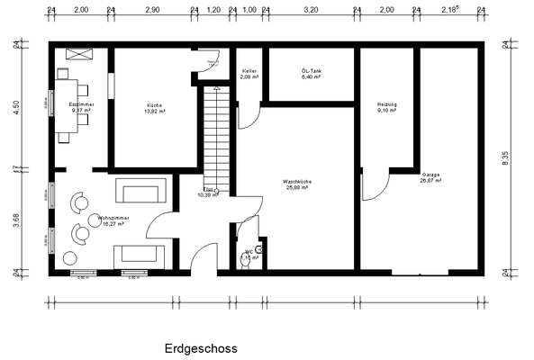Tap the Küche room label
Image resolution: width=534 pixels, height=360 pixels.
click(155, 108)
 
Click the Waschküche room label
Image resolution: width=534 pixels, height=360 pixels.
click(298, 184)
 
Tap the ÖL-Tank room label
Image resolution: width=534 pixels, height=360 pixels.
click(312, 74)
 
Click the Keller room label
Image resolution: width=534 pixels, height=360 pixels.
click(250, 74)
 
